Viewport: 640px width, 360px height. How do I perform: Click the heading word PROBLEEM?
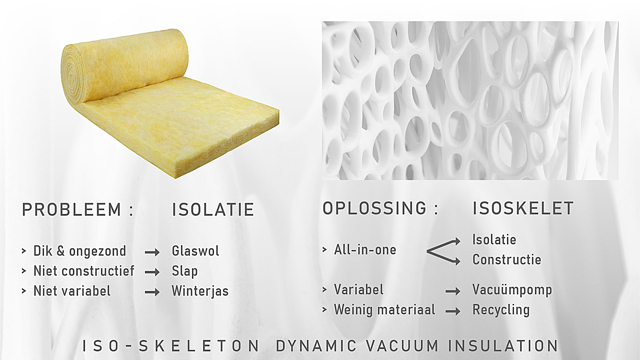pos(72,210)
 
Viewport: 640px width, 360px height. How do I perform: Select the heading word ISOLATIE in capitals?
pos(213,210)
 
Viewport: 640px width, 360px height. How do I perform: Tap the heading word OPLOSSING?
pos(374,208)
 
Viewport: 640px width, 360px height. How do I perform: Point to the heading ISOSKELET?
pos(523,208)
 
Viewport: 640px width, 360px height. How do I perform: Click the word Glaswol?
pos(195,251)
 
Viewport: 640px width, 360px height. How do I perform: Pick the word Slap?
pos(185,271)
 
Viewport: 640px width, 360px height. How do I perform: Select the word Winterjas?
pos(200,291)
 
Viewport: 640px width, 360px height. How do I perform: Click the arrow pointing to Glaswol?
pos(152,253)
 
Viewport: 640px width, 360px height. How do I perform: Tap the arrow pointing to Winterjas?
pos(152,292)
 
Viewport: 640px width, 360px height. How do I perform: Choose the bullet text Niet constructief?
pos(84,271)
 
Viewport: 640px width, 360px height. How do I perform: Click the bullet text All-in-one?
pos(365,250)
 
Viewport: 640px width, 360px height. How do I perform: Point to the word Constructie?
pos(507,260)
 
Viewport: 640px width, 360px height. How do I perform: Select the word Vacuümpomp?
pos(512,290)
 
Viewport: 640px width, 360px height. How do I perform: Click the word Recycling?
pos(501,310)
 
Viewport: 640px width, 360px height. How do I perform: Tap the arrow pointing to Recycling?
pos(453,311)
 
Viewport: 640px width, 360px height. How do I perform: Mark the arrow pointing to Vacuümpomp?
pos(453,291)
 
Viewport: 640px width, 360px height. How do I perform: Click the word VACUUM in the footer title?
pos(402,346)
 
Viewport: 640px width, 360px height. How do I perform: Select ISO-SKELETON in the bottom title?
pos(171,346)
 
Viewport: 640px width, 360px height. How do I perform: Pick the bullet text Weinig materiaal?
pos(384,310)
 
